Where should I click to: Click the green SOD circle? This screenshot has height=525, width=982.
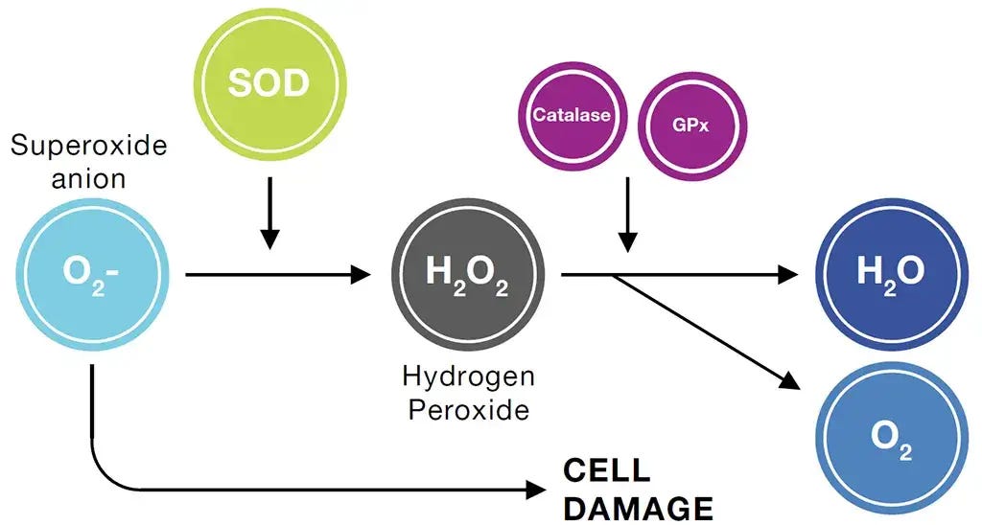click(x=269, y=83)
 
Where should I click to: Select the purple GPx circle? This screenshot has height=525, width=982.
click(x=690, y=126)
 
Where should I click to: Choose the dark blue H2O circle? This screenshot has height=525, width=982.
click(x=890, y=275)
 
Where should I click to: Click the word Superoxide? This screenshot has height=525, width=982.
click(x=89, y=146)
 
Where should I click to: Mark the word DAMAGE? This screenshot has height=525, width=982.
click(x=638, y=507)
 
